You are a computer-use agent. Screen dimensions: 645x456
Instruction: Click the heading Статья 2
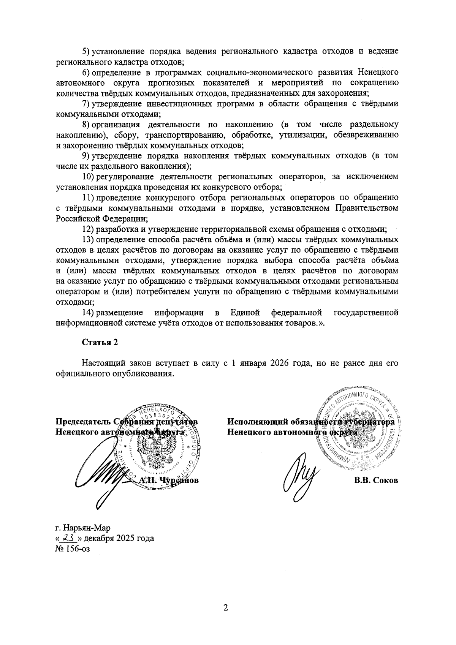[100, 342]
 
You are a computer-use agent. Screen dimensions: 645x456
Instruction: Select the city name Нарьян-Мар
[87, 528]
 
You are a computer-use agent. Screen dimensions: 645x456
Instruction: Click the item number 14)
[88, 313]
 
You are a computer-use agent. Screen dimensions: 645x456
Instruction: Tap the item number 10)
[88, 177]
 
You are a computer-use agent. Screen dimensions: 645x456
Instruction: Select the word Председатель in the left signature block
[83, 422]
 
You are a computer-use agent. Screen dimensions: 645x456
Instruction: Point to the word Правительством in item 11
[367, 208]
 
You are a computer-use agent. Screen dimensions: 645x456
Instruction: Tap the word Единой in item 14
[245, 313]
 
